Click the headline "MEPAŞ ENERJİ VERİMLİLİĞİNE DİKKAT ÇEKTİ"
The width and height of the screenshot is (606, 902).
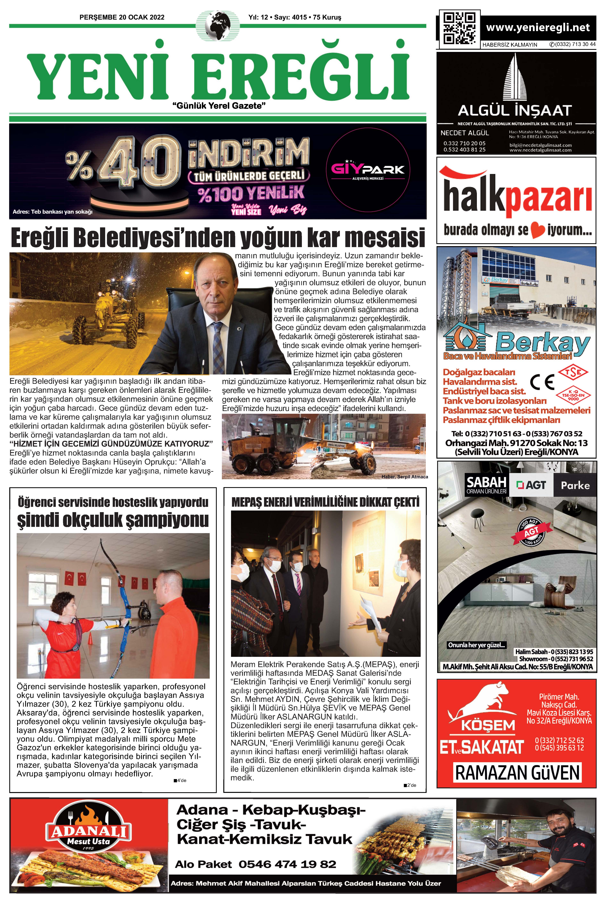pos(325,502)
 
